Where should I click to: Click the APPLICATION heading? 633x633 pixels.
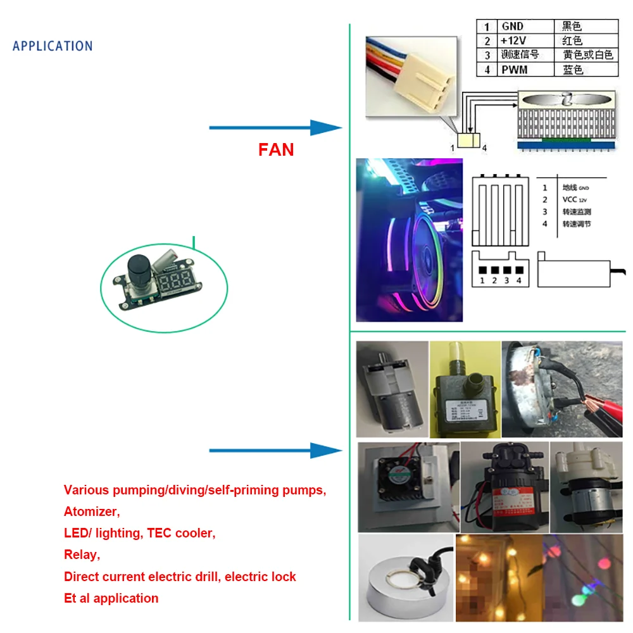53,46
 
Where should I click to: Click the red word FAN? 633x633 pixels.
276,149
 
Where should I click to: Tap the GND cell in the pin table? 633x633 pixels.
513,27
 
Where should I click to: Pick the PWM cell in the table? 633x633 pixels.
514,70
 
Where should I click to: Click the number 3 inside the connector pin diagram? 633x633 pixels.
507,280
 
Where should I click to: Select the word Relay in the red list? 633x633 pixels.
82,555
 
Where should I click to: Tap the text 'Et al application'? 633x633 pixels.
111,598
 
